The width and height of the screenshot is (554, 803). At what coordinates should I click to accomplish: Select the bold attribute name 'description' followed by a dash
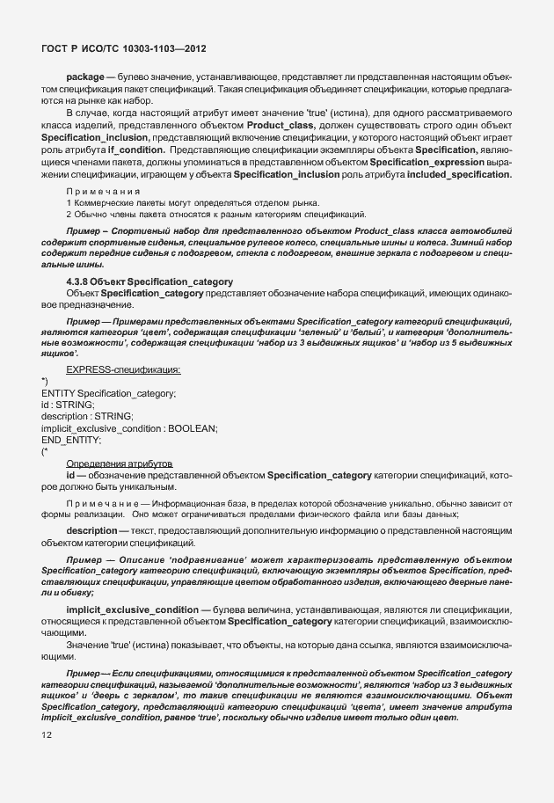(91, 530)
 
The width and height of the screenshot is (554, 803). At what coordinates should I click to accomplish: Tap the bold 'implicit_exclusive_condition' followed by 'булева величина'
(130, 610)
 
